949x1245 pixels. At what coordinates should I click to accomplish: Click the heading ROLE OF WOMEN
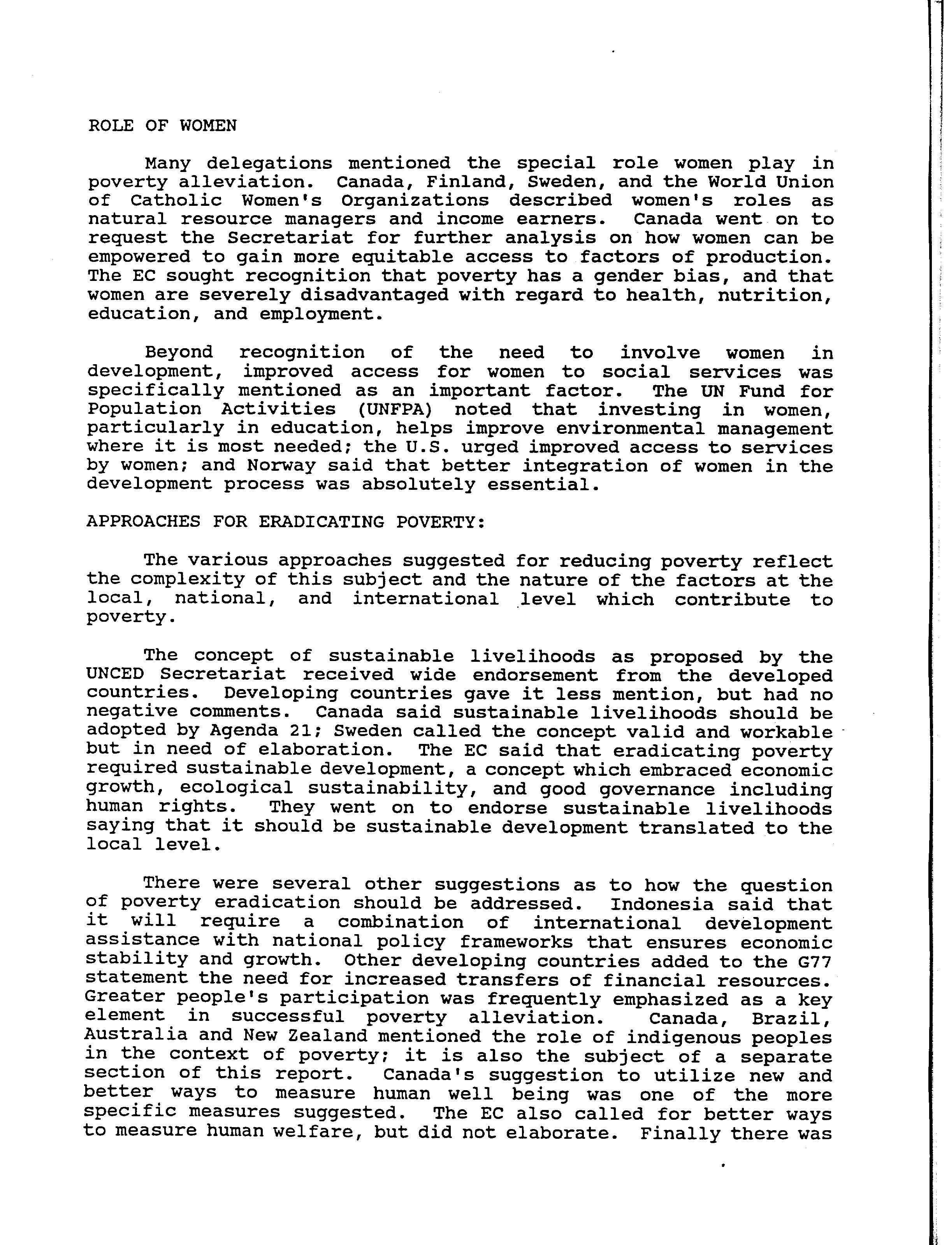[x=162, y=125]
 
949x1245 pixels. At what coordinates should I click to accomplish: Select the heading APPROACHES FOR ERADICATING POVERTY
[x=285, y=522]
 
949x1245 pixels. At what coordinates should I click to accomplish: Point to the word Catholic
[x=176, y=201]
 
